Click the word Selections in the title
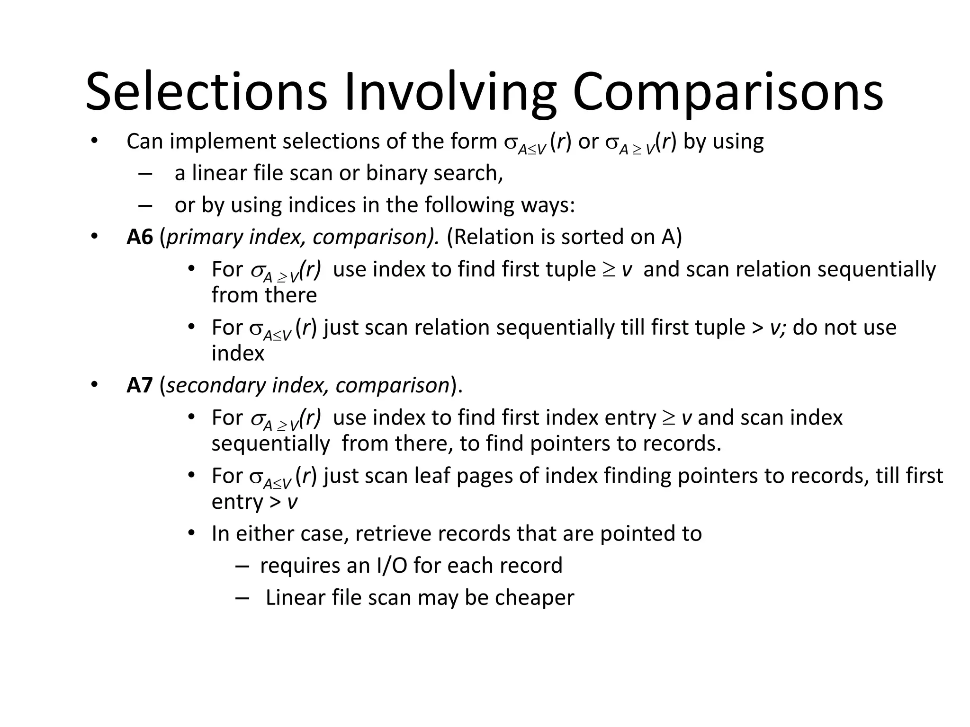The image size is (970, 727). [x=206, y=91]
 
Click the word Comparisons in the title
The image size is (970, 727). [x=728, y=91]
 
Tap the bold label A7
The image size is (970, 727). [x=140, y=385]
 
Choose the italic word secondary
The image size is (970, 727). [x=216, y=385]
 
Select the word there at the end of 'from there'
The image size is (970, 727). [x=291, y=295]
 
